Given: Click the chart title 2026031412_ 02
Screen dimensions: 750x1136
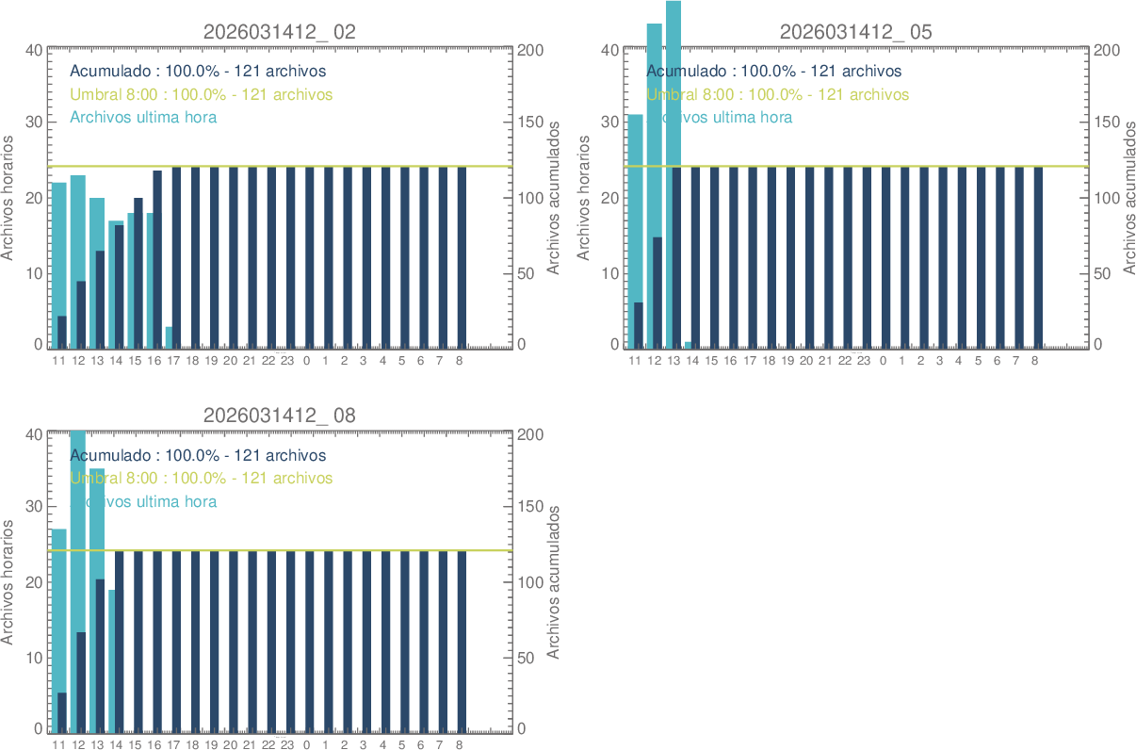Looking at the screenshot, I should point(280,31).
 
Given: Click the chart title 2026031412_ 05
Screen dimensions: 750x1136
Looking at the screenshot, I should point(856,31).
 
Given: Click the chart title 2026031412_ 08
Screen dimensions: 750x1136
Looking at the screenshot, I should point(280,416).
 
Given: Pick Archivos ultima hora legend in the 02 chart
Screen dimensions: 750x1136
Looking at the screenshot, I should point(144,117).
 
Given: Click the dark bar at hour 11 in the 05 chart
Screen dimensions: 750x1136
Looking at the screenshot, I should point(639,326).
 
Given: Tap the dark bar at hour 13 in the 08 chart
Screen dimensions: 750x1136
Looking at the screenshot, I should point(100,655).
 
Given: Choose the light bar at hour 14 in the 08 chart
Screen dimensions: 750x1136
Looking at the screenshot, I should point(112,660).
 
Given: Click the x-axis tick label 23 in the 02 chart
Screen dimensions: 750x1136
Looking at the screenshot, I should point(287,361).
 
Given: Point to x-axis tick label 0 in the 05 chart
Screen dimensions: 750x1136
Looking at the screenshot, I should point(883,361).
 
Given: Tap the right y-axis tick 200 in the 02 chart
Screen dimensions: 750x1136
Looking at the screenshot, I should point(530,50).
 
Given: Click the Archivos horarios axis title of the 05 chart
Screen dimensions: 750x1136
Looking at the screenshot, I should point(583,198).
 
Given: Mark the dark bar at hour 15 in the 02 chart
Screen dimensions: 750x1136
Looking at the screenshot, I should point(138,273).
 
